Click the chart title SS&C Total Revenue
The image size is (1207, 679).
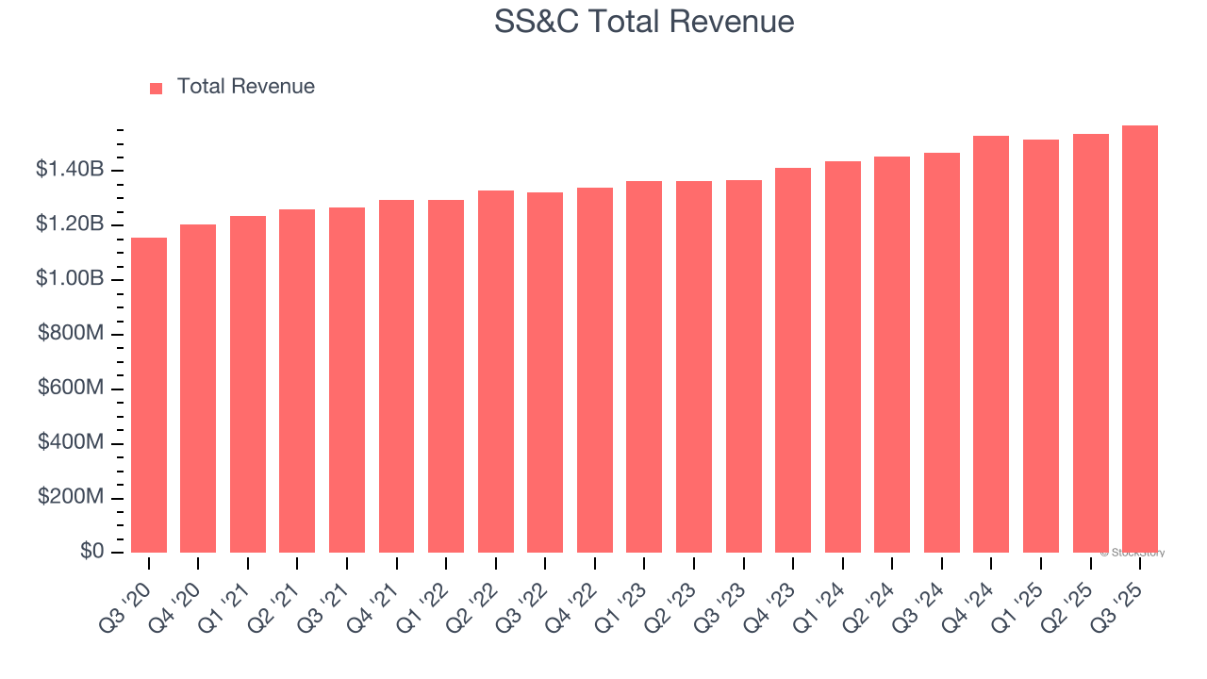tap(644, 22)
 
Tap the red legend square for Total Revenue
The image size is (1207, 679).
tap(157, 88)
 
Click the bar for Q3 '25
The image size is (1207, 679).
tap(1140, 339)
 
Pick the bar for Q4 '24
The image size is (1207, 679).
tap(991, 344)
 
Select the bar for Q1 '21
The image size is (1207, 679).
tap(248, 384)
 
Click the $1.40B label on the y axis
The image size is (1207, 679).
tap(70, 170)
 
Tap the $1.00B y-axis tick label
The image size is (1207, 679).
tap(70, 279)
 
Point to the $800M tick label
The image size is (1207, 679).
tap(71, 334)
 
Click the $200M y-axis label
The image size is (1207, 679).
tap(71, 497)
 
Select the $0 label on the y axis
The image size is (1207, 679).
tap(91, 552)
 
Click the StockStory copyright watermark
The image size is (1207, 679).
tap(1133, 553)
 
